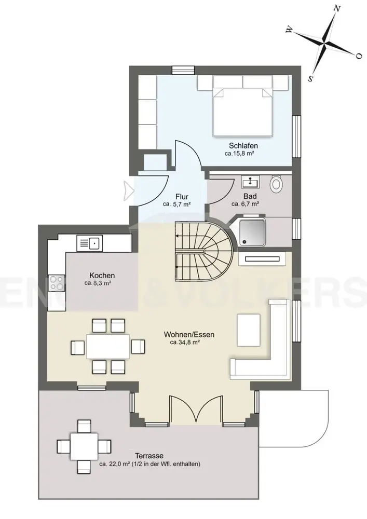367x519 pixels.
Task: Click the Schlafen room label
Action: coord(243,146)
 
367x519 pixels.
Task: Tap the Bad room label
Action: coord(250,196)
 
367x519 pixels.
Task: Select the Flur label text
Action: coord(182,197)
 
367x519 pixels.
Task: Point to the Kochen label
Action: coord(102,276)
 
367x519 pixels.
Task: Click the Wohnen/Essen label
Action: coord(189,335)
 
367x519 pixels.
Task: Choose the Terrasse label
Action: coord(149,456)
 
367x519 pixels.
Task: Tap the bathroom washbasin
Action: coord(251,181)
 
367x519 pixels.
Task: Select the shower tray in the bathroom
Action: coord(252,232)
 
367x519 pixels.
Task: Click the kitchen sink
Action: coord(90,243)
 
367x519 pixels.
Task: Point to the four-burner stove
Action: coord(57,283)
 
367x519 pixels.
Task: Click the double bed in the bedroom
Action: coord(242,106)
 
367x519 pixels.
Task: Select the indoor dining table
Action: coord(108,346)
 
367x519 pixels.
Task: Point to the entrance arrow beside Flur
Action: coord(128,190)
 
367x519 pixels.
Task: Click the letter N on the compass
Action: coord(337,9)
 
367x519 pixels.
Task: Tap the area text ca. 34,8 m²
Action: coord(184,343)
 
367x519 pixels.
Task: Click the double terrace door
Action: coord(195,409)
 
